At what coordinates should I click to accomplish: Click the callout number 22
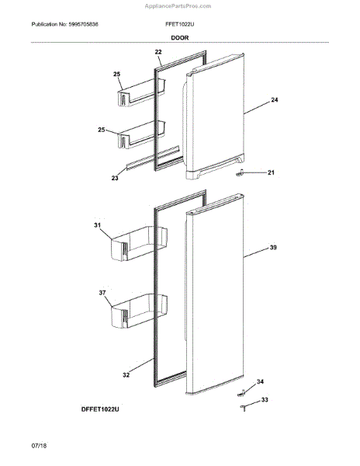tap(158, 52)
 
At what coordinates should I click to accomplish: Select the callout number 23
tap(116, 178)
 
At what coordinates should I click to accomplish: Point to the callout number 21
tap(271, 172)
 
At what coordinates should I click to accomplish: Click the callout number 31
tap(99, 226)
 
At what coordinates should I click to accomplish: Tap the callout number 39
tap(273, 248)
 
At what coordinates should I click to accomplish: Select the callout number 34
tap(260, 381)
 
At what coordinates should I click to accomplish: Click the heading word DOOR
tap(180, 37)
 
